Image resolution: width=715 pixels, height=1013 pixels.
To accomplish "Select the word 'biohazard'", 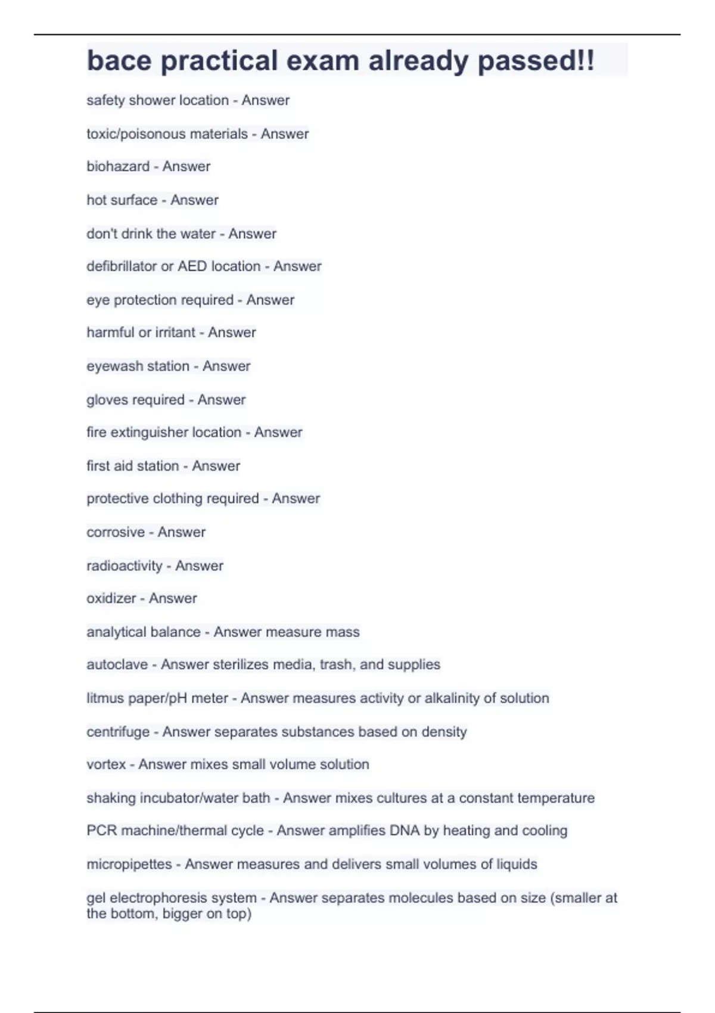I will [118, 166].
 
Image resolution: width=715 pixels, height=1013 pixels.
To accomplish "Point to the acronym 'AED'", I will [192, 266].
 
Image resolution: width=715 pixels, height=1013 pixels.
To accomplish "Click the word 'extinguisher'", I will [176, 432].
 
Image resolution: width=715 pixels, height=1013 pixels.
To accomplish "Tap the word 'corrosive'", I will [116, 532].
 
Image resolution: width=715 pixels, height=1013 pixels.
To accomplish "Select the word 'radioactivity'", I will [125, 565].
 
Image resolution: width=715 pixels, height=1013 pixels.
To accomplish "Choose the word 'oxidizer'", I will [111, 598].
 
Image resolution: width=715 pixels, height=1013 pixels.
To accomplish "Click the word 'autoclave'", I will [117, 664].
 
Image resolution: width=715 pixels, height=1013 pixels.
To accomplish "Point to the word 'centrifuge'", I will [118, 732].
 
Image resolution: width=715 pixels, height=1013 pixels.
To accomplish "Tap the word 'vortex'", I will [106, 765].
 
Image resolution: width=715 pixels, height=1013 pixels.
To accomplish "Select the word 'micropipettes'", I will [129, 864].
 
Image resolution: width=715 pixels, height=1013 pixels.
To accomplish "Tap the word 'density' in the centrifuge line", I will [444, 732].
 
